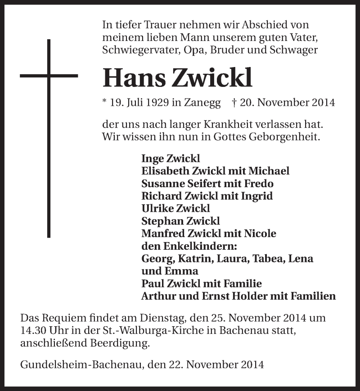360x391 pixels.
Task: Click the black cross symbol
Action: click(49, 135)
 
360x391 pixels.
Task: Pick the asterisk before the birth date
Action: click(105, 102)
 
